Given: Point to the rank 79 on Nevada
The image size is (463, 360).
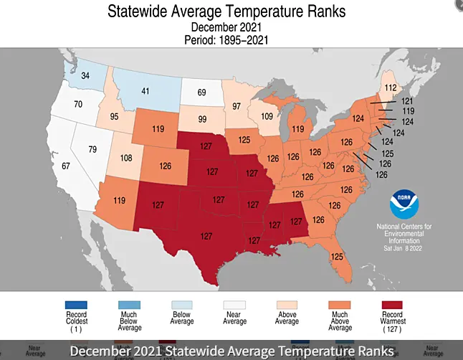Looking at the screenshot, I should [92, 149].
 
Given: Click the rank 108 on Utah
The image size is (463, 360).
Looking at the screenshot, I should [127, 159].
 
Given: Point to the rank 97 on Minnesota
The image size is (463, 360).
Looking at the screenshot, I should [237, 106].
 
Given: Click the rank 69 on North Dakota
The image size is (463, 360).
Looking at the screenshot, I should [203, 92].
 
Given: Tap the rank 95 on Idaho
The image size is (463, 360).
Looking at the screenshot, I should [115, 118].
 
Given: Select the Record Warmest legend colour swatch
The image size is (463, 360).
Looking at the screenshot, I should [392, 303].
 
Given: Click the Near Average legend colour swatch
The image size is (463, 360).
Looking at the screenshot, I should [234, 303].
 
